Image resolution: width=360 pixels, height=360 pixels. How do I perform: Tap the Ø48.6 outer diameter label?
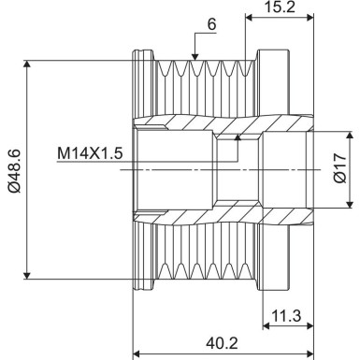coord(14,169)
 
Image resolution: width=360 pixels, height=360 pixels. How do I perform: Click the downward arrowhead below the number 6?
coord(194,55)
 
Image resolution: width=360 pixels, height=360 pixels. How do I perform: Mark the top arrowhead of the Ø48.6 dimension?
coord(31,65)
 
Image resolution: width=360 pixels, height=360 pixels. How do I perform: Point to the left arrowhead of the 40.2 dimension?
coord(139,353)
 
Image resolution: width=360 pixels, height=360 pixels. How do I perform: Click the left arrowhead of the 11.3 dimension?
coord(264,324)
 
